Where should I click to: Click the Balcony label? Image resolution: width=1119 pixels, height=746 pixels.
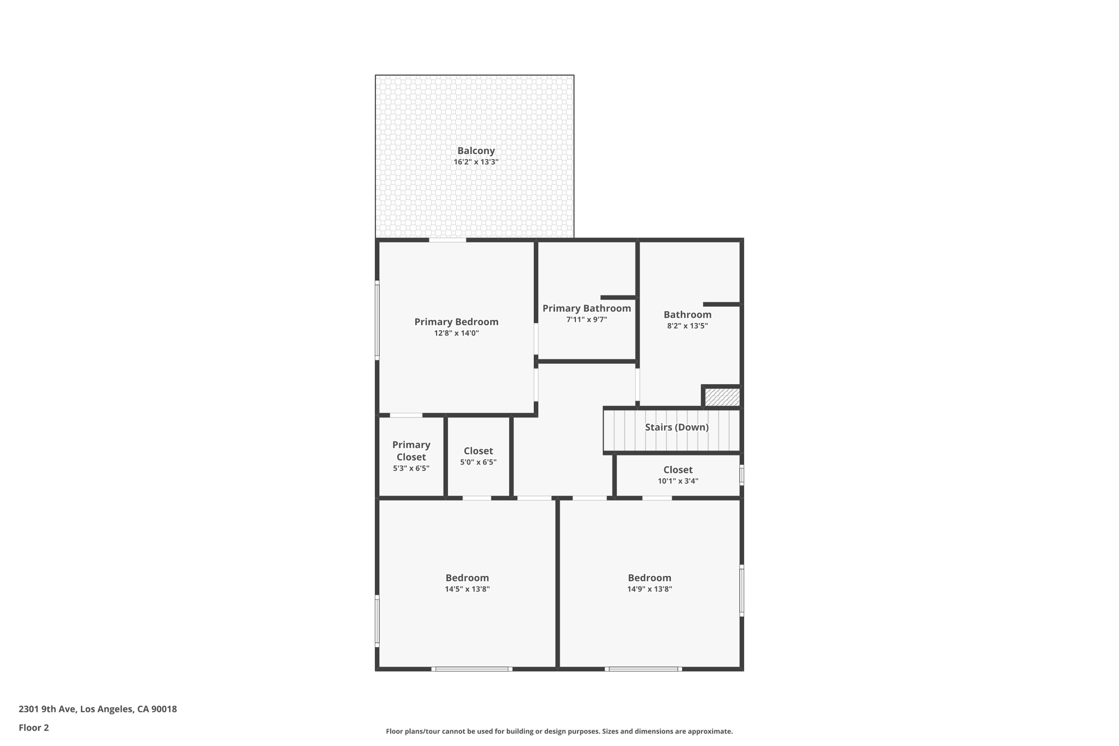475,151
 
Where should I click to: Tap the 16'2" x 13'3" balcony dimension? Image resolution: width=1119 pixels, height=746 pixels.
475,162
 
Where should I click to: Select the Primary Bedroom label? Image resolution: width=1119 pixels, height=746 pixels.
456,322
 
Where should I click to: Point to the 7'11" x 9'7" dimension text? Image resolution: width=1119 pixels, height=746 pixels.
586,320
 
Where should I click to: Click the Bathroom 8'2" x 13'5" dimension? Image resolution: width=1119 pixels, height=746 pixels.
687,326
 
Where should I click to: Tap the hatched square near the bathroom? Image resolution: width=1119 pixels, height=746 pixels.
721,397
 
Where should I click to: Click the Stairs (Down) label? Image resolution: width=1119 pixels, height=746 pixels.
676,427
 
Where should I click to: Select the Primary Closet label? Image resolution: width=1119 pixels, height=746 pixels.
411,451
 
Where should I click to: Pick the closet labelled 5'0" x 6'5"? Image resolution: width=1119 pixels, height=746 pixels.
478,456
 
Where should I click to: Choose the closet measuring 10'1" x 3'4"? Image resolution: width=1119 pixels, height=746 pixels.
678,475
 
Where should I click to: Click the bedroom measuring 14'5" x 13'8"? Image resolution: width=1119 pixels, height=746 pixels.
467,583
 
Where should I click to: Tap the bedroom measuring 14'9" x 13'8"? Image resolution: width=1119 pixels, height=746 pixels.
649,583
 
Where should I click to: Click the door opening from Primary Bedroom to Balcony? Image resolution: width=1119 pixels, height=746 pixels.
447,240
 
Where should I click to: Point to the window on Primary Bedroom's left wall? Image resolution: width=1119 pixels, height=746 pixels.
377,320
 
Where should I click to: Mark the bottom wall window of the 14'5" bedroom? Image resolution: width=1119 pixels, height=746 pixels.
472,669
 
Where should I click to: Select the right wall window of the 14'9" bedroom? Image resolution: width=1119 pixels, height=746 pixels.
741,590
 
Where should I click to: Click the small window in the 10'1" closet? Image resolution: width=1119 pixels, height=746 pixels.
741,474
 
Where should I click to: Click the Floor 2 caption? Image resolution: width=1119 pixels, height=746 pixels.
34,728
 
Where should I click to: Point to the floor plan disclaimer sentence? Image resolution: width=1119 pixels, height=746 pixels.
559,731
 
